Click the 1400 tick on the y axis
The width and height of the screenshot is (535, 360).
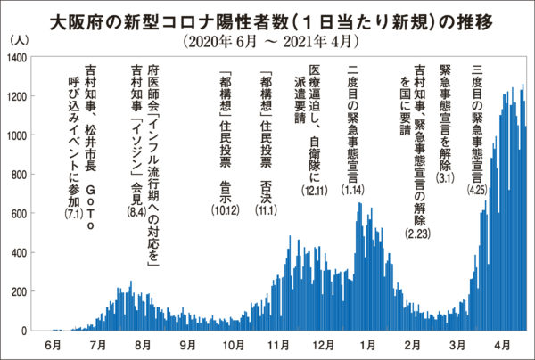pos(17,58)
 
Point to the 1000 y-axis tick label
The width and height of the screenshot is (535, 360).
pos(17,135)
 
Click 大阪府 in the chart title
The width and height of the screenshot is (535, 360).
pos(69,19)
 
